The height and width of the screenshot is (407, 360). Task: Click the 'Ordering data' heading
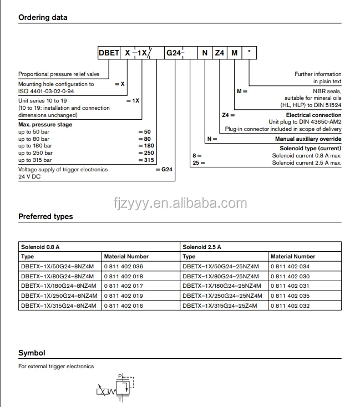coord(43,17)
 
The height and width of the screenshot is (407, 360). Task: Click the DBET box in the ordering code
coord(108,53)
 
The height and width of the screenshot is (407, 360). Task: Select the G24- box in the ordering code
coord(175,53)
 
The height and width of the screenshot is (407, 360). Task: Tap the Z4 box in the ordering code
coord(219,53)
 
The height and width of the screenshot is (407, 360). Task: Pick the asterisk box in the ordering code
coord(250,53)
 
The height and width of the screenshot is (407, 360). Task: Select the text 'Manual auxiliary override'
coord(308,139)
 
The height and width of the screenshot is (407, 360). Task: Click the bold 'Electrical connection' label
coord(313,115)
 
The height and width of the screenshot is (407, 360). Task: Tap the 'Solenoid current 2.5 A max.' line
coord(307,162)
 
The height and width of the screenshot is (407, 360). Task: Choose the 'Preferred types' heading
coord(45,216)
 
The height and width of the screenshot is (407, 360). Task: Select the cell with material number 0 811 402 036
coord(124,266)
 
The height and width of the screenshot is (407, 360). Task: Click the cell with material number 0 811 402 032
coord(290,306)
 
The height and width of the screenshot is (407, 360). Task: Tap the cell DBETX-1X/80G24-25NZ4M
coord(221,276)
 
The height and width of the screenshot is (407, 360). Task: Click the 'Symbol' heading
coord(32,353)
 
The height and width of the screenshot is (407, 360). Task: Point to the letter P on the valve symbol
coord(120,377)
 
